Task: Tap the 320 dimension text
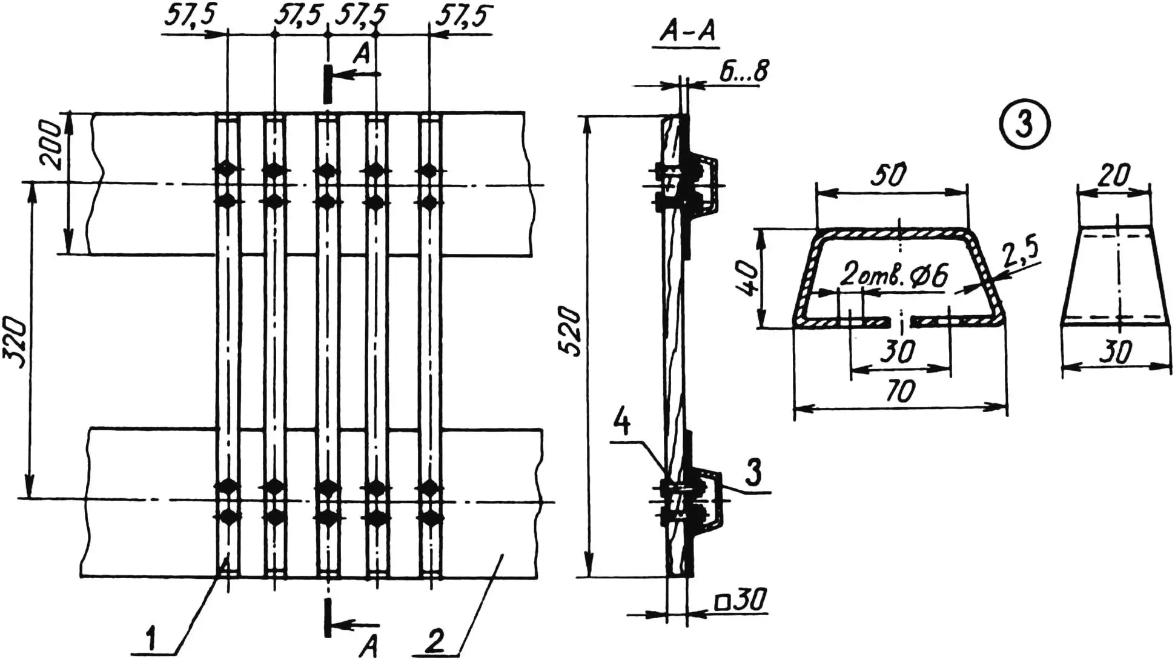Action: [x=15, y=343]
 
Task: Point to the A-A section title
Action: [x=686, y=33]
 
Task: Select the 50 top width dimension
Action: [x=890, y=175]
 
